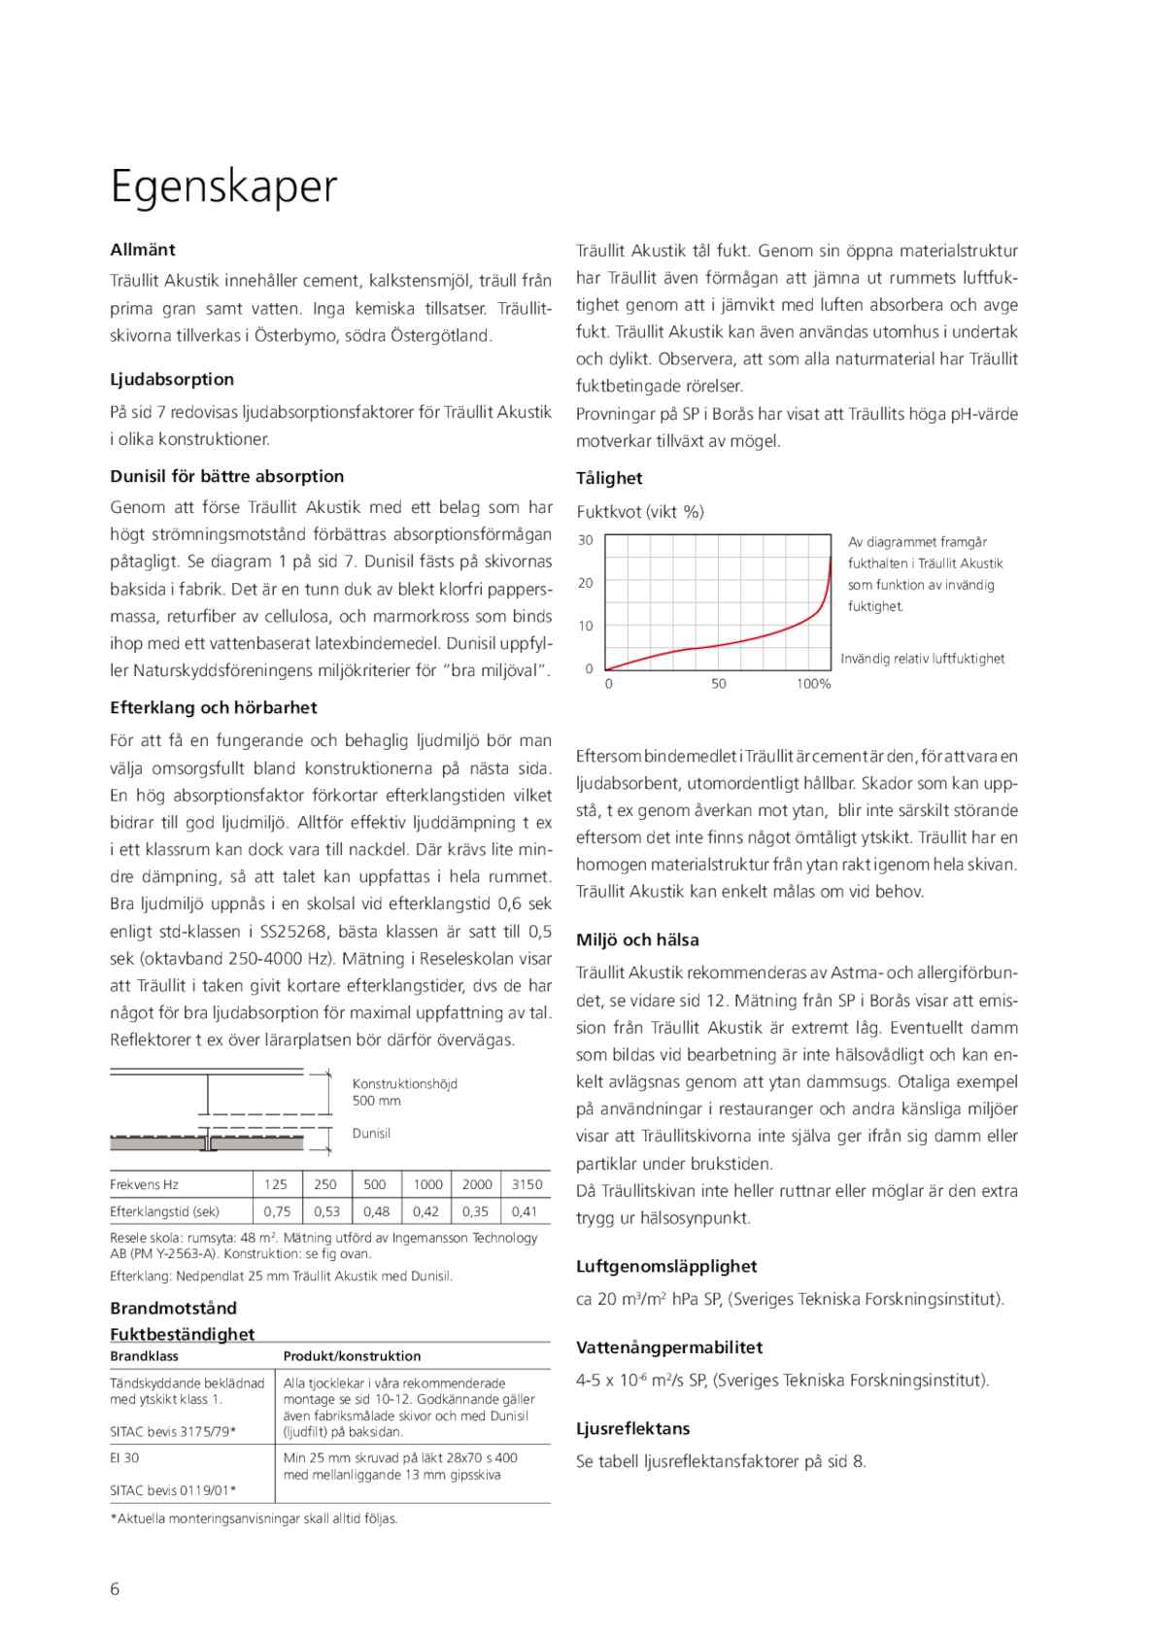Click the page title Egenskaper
223,186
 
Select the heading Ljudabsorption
172,379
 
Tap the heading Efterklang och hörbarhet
214,707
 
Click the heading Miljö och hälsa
637,939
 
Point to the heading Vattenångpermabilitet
669,1347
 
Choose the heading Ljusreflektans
632,1428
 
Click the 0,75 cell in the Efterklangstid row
277,1211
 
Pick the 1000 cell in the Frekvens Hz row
427,1184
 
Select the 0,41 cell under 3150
525,1211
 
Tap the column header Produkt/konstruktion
352,1356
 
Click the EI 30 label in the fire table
124,1457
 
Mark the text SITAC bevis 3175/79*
173,1431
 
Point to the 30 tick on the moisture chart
586,540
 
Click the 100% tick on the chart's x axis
813,684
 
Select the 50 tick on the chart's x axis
719,684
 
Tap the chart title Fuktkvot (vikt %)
640,511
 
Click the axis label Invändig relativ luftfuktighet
922,659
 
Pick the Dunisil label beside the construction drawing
371,1134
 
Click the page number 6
115,1589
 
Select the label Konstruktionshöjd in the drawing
404,1083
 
